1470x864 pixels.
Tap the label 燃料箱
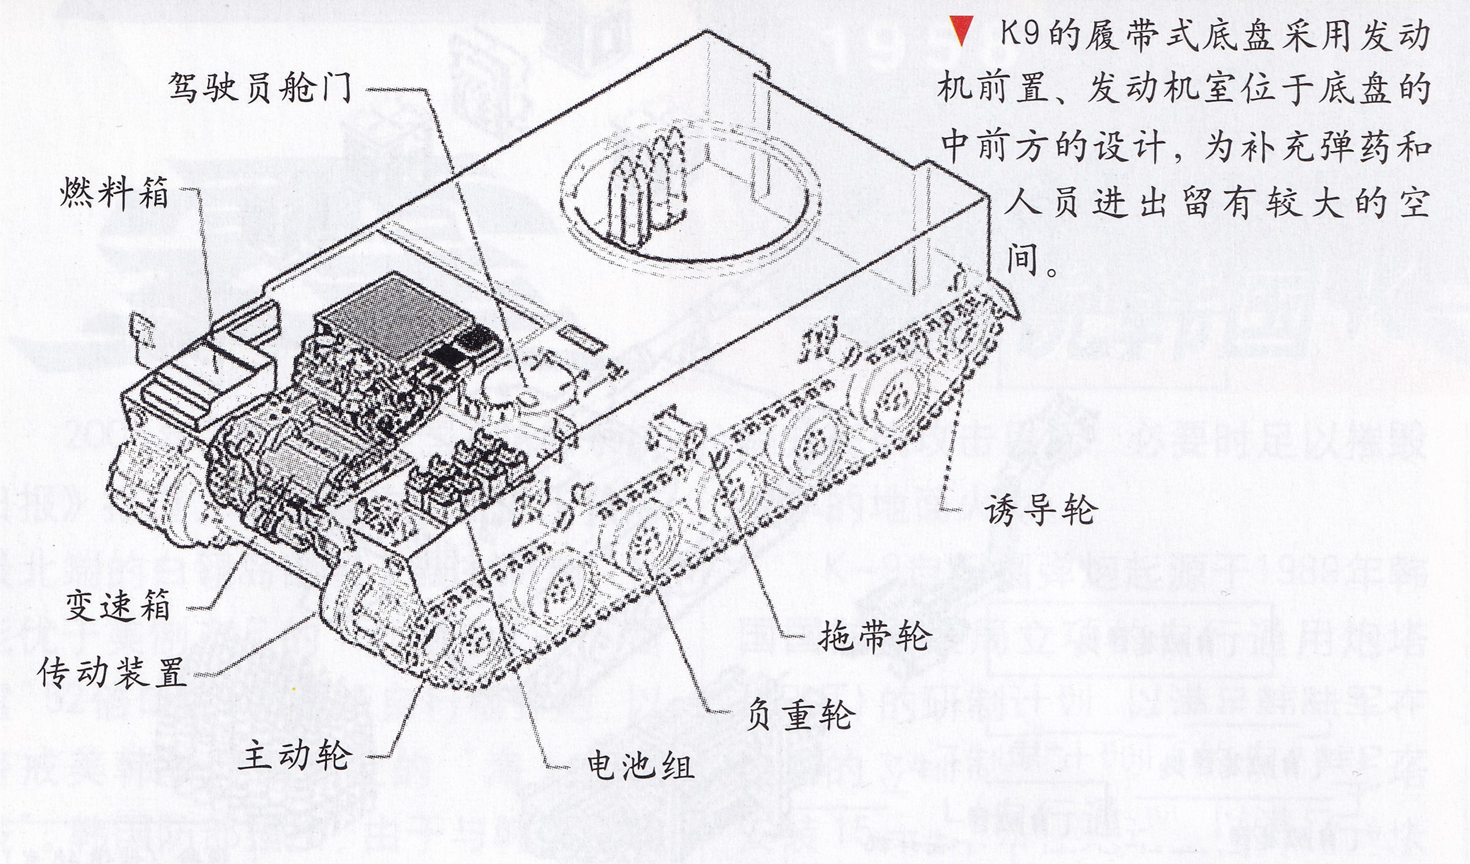[114, 194]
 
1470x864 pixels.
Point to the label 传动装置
[112, 673]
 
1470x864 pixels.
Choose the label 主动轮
[295, 754]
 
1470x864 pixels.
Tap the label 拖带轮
[873, 635]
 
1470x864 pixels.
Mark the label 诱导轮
[1041, 509]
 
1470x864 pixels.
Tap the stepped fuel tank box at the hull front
[204, 373]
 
